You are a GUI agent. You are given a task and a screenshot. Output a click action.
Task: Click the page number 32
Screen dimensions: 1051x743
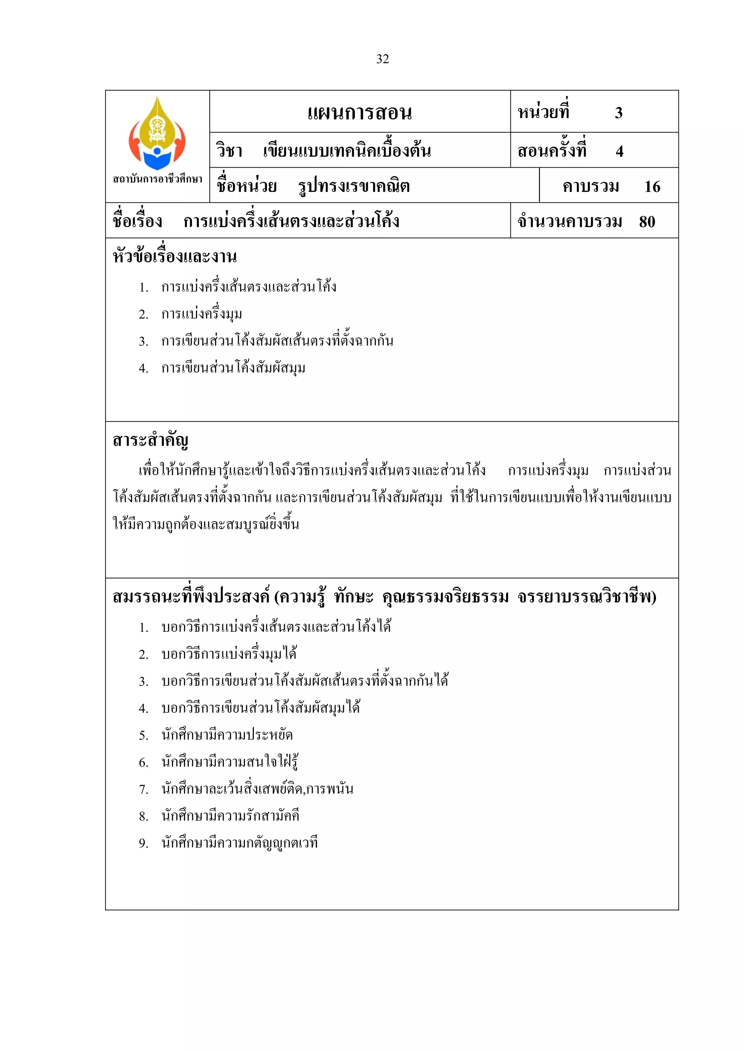[382, 59]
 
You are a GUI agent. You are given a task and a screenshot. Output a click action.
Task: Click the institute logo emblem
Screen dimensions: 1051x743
[157, 133]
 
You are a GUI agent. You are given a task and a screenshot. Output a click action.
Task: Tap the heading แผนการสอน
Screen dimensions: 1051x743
[360, 112]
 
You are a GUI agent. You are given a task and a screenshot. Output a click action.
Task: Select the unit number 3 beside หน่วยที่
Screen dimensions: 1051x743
[619, 112]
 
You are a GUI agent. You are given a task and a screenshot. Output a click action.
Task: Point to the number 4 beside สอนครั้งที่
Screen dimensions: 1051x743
[619, 151]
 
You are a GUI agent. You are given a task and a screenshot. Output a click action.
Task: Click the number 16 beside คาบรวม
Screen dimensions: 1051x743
[652, 186]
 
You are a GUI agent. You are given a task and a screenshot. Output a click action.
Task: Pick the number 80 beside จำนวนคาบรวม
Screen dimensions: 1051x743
[647, 222]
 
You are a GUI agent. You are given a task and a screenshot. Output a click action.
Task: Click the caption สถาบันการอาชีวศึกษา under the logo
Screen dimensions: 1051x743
[157, 179]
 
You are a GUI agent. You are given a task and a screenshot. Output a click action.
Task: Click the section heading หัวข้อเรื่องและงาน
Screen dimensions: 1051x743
[175, 256]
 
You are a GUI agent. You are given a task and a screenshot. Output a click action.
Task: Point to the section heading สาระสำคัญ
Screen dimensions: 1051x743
[151, 440]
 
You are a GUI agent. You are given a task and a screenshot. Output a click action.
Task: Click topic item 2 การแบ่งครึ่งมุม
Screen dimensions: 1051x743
[201, 314]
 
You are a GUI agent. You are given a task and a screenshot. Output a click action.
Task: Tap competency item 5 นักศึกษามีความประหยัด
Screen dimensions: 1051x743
[227, 735]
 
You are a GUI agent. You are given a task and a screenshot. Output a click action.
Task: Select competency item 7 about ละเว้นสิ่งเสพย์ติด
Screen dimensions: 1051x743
[257, 789]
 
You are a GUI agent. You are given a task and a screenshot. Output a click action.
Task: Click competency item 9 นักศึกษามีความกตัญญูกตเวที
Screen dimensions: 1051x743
[239, 843]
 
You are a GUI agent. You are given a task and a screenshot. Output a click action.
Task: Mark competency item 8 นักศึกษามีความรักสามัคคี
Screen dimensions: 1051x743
[230, 816]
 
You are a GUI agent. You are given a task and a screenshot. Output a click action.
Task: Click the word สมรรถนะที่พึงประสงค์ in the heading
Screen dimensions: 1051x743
[191, 597]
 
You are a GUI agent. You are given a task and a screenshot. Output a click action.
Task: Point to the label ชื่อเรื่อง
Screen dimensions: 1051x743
[137, 222]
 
